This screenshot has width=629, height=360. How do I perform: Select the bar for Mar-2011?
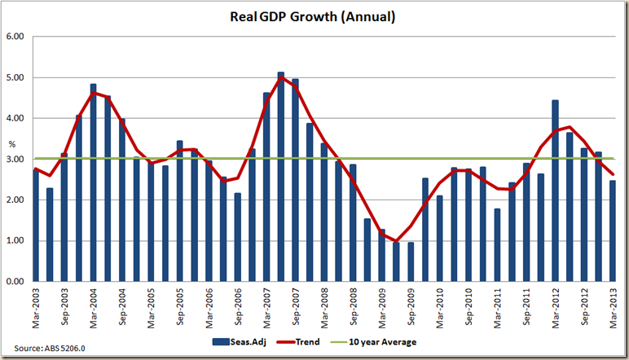point(498,244)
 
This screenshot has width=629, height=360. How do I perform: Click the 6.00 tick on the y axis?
point(16,37)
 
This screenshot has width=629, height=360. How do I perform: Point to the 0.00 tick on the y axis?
point(16,282)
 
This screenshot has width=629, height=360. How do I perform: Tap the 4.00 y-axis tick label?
point(16,119)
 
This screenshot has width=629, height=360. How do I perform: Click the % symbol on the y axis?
point(11,145)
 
